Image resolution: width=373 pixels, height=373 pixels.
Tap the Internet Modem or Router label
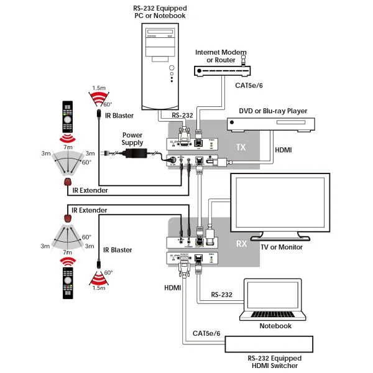click(x=216, y=56)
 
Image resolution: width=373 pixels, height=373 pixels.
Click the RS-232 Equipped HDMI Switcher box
click(x=273, y=344)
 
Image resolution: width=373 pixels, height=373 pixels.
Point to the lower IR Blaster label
click(x=117, y=250)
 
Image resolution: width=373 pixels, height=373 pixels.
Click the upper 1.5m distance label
click(x=98, y=88)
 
